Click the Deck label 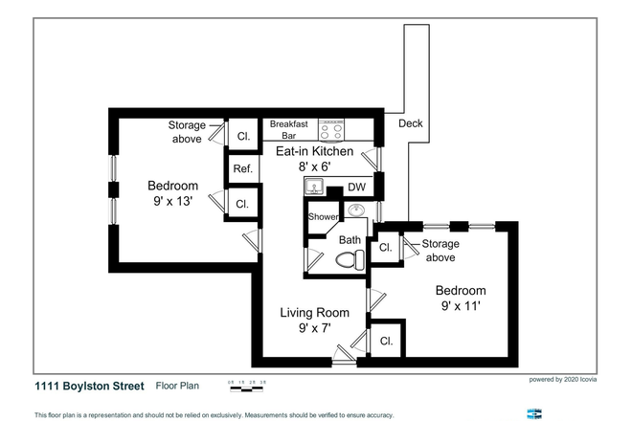pos(410,123)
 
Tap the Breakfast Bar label pos(288,130)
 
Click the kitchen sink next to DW pos(315,186)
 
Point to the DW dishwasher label pos(356,187)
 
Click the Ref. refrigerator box pos(241,170)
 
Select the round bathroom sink pos(356,210)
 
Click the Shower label pos(321,217)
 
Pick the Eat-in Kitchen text pos(315,151)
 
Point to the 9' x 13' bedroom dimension pos(172,202)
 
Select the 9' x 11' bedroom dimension pos(460,307)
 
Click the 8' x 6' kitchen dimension pos(315,166)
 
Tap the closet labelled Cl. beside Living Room pos(387,341)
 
